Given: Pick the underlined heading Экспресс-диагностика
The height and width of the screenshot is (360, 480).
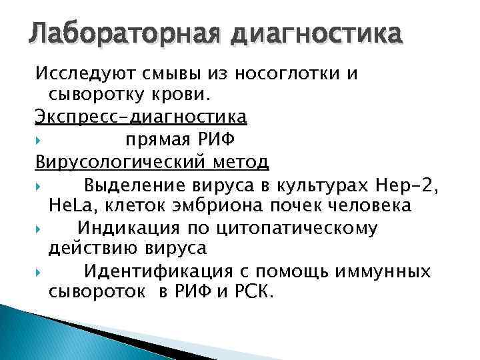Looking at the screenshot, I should pyautogui.click(x=141, y=117).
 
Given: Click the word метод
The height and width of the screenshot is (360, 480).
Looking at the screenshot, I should pyautogui.click(x=244, y=162).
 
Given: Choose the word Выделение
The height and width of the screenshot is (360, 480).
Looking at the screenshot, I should pyautogui.click(x=139, y=184).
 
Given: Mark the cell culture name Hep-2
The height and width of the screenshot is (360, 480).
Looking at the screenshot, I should pyautogui.click(x=407, y=184).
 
